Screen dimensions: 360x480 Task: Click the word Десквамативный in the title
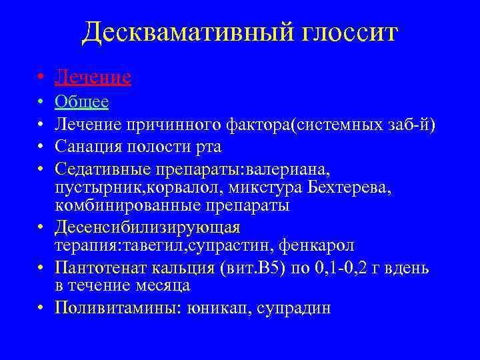(x=172, y=31)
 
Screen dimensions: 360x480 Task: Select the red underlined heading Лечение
(x=93, y=78)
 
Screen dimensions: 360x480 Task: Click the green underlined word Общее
(x=82, y=103)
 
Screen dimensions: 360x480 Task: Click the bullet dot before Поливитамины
(x=41, y=308)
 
